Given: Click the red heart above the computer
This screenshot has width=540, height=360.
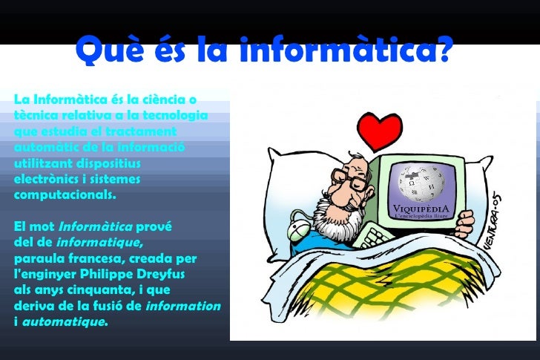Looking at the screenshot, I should (380, 131).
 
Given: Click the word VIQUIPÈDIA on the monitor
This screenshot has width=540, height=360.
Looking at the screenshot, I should (421, 208).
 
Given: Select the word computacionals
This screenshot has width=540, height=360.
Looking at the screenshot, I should (65, 195).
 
